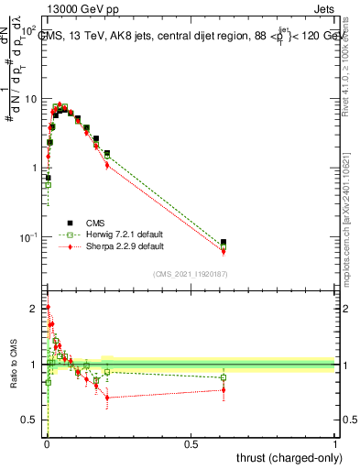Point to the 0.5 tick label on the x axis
pyautogui.click(x=191, y=444)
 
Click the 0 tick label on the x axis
pyautogui.click(x=47, y=444)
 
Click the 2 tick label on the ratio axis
pyautogui.click(x=36, y=309)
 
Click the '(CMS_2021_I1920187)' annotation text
pyautogui.click(x=190, y=273)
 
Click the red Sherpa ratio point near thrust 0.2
pyautogui.click(x=107, y=398)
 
